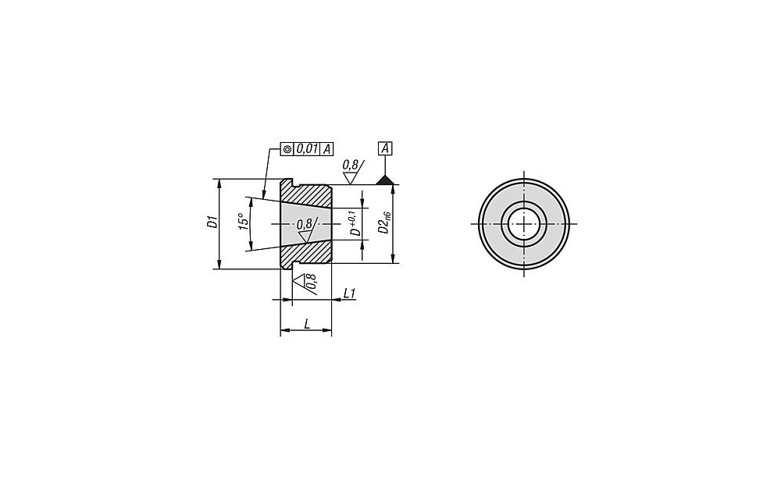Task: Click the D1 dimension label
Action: click(x=212, y=222)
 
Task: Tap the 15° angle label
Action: click(x=243, y=222)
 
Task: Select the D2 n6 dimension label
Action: click(x=384, y=222)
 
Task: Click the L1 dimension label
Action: click(x=350, y=294)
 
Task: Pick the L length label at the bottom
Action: click(x=307, y=324)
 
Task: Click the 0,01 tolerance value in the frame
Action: click(x=307, y=149)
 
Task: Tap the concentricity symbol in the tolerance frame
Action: click(x=287, y=149)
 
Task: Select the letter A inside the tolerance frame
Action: click(x=326, y=149)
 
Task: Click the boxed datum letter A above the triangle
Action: click(x=386, y=148)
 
